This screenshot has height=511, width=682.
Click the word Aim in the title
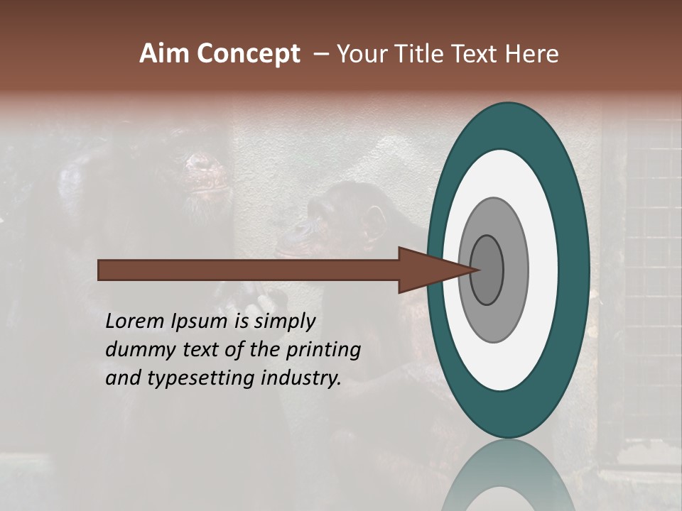165,54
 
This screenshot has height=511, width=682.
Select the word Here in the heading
532,54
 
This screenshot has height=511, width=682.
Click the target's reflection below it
508,479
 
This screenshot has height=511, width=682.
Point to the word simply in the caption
284,322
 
